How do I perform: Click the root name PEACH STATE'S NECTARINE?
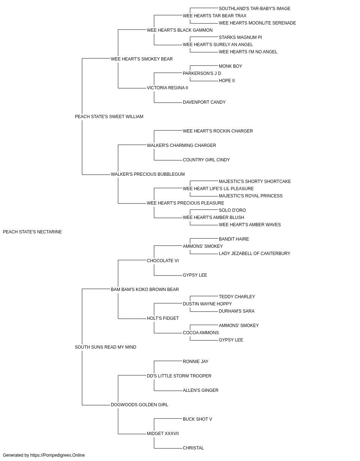coord(32,232)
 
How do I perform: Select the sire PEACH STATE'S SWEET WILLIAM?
coord(109,117)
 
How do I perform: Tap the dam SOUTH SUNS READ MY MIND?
coord(105,347)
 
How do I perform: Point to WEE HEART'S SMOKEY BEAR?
coord(141,59)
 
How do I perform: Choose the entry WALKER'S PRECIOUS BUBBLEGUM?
coord(148,174)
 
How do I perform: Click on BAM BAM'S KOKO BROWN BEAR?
coord(145,289)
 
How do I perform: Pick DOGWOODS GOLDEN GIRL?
coord(140,405)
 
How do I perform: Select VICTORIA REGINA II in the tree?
coord(167,88)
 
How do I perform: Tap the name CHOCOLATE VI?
coord(163,260)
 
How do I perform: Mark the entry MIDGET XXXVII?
coord(163,434)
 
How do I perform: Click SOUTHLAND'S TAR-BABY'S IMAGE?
coord(255,9)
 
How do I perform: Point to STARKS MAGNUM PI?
coord(240,37)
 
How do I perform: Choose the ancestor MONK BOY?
coord(230,66)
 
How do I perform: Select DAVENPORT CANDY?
coord(204,102)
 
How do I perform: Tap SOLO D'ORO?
coord(232,210)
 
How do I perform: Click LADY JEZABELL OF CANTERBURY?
coord(255,254)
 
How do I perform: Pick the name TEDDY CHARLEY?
coord(237,297)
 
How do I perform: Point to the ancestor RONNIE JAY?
coord(195,362)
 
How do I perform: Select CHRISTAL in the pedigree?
coord(193,448)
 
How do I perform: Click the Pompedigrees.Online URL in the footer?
coord(57,455)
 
